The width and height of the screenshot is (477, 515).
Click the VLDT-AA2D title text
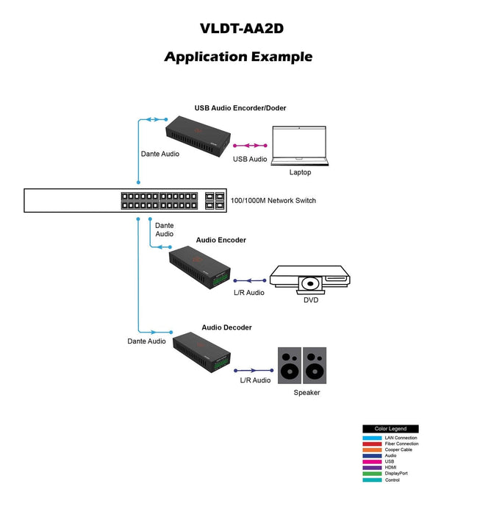pyautogui.click(x=242, y=29)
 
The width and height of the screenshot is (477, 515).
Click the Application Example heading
pyautogui.click(x=238, y=57)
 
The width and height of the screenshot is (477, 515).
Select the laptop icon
pyautogui.click(x=300, y=145)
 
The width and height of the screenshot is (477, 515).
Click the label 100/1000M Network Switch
pyautogui.click(x=273, y=200)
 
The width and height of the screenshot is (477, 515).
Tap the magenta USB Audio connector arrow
pyautogui.click(x=251, y=146)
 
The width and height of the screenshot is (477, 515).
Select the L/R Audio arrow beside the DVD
pyautogui.click(x=249, y=280)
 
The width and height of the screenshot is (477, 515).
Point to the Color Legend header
pyautogui.click(x=390, y=429)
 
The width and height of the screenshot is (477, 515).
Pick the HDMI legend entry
pyautogui.click(x=390, y=467)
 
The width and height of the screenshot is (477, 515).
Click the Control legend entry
pyautogui.click(x=392, y=480)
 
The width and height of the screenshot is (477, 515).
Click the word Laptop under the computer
pyautogui.click(x=300, y=172)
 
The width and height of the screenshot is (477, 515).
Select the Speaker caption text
pyautogui.click(x=306, y=393)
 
